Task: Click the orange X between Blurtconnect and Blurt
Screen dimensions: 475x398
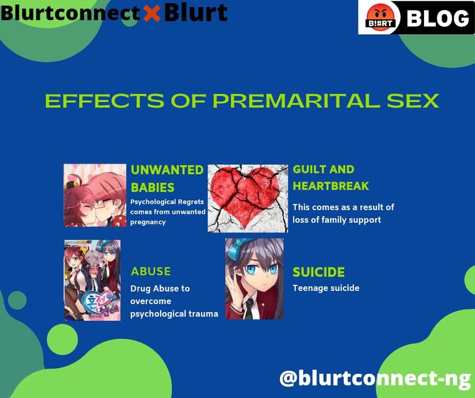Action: [152, 13]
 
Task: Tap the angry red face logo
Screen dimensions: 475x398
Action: [380, 17]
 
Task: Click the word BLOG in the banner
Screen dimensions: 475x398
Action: [438, 18]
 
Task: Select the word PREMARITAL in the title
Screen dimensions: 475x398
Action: [296, 101]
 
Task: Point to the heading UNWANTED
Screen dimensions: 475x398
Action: [167, 170]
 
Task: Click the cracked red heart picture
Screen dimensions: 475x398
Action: [248, 198]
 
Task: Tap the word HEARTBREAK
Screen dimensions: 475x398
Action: [331, 186]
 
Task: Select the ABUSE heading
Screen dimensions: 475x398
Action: [151, 271]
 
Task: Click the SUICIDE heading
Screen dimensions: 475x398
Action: [319, 272]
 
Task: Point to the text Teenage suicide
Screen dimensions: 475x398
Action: [326, 288]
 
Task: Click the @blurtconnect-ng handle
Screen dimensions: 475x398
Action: [375, 378]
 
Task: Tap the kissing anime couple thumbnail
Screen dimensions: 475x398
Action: [95, 195]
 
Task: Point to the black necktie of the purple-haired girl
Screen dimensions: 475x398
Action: [249, 308]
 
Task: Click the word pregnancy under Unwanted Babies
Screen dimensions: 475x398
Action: [148, 223]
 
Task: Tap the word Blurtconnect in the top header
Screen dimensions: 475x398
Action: [70, 13]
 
